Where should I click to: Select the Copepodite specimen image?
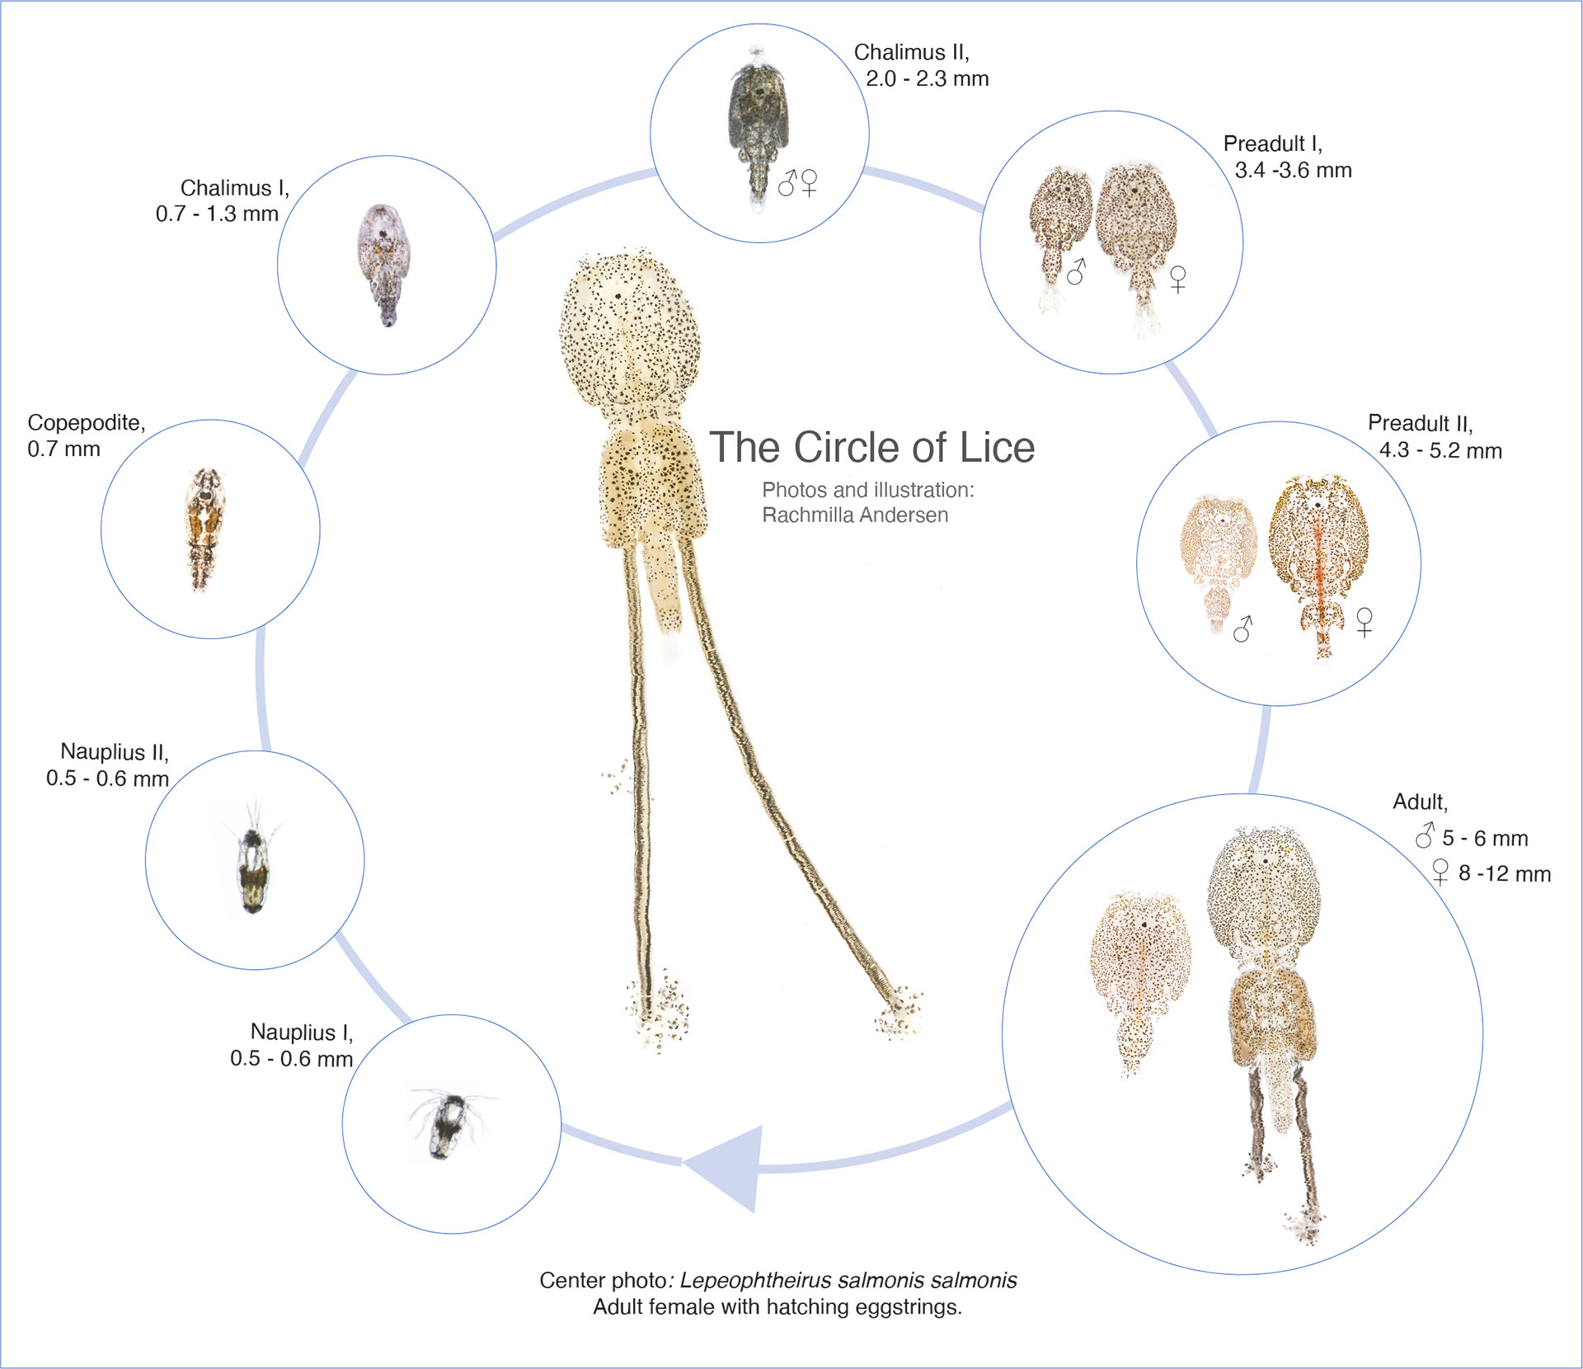[204, 529]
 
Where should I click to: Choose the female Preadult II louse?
[1318, 561]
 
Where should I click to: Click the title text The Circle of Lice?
[871, 448]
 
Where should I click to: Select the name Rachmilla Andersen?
[855, 515]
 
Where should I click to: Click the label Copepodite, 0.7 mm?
[86, 435]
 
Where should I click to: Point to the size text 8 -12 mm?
[1504, 873]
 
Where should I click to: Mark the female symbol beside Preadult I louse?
[1178, 279]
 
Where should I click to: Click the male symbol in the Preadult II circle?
[1242, 628]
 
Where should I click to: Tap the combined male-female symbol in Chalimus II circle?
[798, 182]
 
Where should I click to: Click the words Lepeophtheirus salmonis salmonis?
[848, 1280]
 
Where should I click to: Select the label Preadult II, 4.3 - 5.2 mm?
[1435, 437]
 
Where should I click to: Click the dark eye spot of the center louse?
[618, 295]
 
